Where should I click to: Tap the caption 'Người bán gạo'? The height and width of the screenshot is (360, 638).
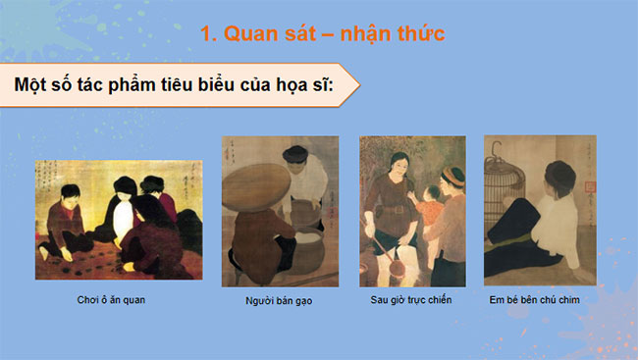pyautogui.click(x=280, y=298)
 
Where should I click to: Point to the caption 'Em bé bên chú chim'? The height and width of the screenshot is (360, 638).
pyautogui.click(x=539, y=298)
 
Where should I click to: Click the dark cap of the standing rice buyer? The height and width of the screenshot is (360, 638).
pyautogui.click(x=295, y=154)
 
